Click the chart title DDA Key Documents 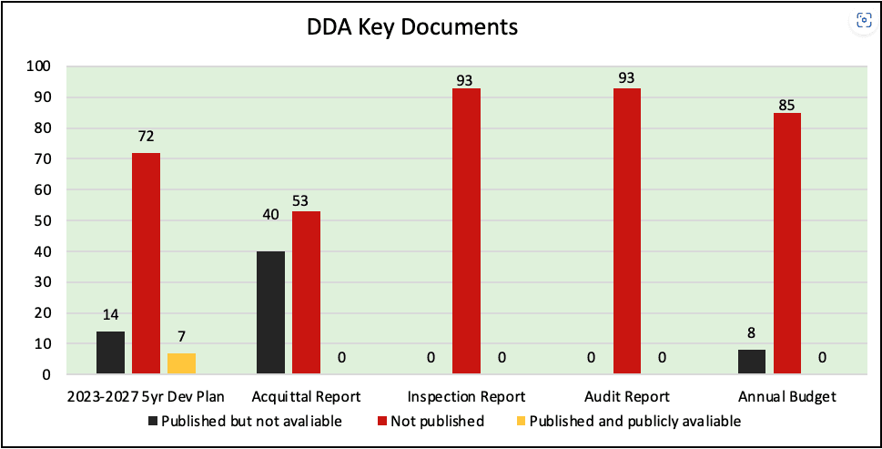412,27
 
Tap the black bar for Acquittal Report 270,312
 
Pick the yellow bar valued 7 181,363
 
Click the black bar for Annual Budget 751,362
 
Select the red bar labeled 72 146,263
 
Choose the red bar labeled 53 306,292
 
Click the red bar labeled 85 787,243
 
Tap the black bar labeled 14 110,352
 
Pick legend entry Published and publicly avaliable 627,422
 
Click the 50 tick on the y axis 43,220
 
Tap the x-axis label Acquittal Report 306,397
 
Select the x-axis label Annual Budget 786,397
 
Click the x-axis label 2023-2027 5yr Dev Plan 146,397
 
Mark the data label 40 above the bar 269,240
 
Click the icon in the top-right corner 863,21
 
